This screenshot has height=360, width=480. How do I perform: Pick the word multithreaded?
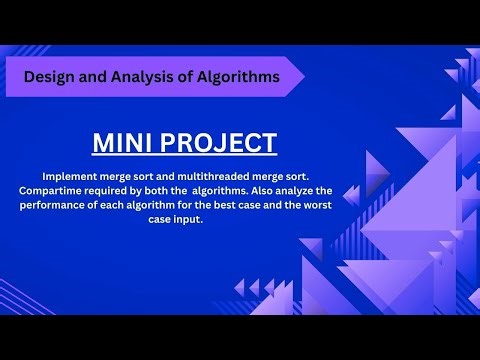(219, 174)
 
